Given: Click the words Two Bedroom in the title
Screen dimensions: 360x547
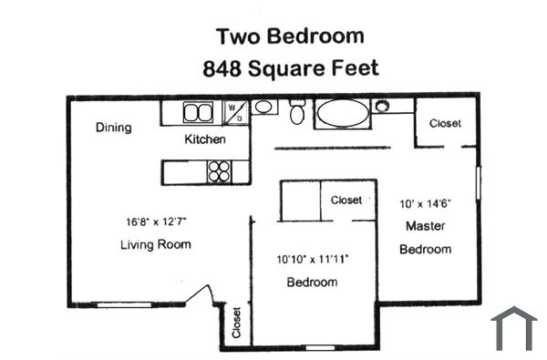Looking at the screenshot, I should click(289, 36).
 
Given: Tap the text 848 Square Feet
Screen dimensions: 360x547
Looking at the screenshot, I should click(289, 67).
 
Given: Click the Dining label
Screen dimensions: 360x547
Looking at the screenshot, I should click(114, 128).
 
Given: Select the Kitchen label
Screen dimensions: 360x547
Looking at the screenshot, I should click(205, 139).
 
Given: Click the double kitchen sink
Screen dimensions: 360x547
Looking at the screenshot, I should click(197, 113).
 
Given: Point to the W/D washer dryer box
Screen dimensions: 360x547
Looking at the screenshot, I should click(234, 112).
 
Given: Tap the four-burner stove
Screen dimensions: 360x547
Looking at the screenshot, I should click(219, 171).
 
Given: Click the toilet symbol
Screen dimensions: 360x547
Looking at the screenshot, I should click(296, 113).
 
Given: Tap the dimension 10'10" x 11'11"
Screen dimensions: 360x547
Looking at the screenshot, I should click(312, 259).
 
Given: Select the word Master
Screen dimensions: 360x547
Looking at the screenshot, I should click(426, 226).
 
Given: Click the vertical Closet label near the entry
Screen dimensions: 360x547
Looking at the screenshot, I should click(236, 323).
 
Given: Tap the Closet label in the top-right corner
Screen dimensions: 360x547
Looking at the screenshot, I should click(445, 123).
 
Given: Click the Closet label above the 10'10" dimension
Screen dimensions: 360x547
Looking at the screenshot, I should click(346, 200).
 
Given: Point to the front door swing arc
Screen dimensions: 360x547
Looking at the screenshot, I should click(202, 296).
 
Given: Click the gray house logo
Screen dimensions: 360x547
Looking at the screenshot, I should click(514, 329).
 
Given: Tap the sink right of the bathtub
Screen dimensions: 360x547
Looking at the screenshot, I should click(381, 106).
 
